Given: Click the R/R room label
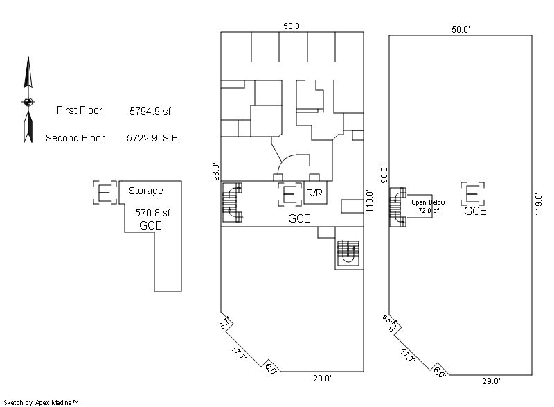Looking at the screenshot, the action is pos(314,193).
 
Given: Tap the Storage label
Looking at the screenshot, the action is pos(146,191).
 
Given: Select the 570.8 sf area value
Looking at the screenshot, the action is pos(152,213).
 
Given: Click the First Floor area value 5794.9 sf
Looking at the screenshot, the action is pos(150,112).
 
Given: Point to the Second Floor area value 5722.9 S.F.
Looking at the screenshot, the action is pos(154,138).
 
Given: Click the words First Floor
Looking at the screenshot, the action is pos(80,110).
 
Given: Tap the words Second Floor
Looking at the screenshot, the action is pos(75,138).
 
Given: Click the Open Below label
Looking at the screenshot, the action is pos(428,202).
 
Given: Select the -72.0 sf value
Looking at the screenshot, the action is pos(427,210).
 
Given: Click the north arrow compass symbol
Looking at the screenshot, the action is pos(28,101).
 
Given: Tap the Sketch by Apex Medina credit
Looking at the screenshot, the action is pos(41,402).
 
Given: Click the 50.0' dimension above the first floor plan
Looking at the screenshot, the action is pos(292,26).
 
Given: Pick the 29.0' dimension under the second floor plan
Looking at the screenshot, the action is pos(492,381).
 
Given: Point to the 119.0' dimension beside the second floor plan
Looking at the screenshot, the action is pos(538,205).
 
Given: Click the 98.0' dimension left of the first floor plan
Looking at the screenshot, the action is pos(216,172).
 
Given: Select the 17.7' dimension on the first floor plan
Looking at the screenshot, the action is pos(239,353).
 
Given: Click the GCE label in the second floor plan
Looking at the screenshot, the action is pos(475,211).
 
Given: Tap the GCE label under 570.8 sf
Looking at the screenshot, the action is pos(150,225).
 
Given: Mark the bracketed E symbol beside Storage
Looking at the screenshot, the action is pos(105,192).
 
